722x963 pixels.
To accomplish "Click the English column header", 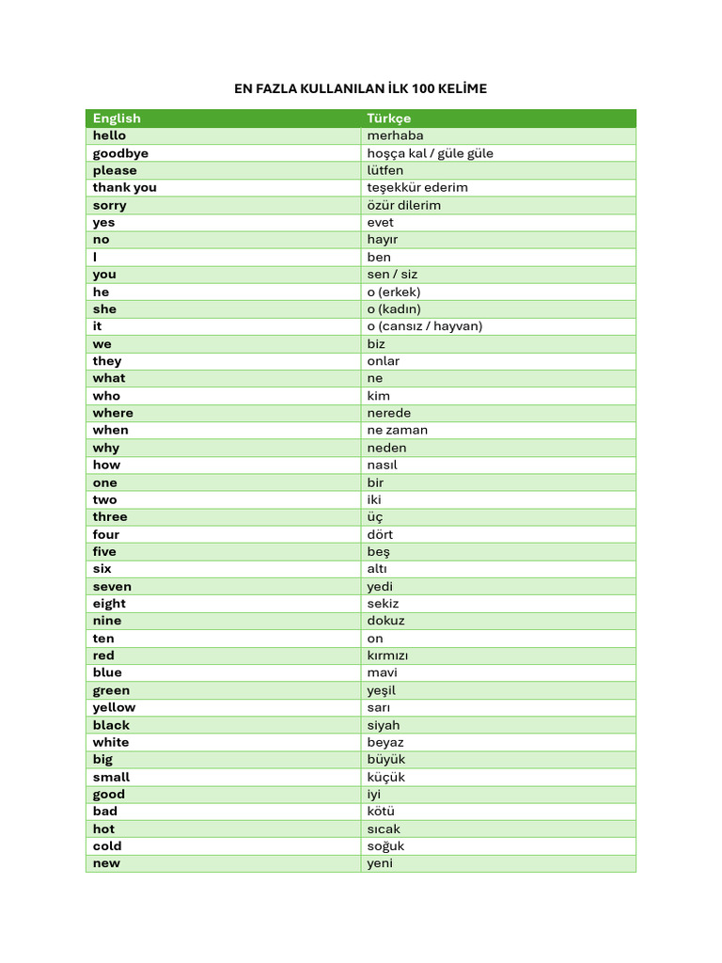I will click(117, 118).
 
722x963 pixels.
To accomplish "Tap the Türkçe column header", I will click(389, 118).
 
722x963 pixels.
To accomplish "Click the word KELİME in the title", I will click(460, 89).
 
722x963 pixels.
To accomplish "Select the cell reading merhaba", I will click(395, 135).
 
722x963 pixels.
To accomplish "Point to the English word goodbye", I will click(120, 153).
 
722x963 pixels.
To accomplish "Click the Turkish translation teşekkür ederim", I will click(417, 187).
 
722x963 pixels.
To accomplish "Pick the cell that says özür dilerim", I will click(404, 205).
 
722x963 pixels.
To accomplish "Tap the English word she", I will click(104, 308).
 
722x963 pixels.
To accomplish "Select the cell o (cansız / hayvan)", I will click(425, 326).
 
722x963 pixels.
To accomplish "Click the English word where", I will click(113, 413).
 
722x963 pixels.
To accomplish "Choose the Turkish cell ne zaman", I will click(398, 430).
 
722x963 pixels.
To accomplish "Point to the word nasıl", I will click(383, 465).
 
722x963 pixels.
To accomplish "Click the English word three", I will click(110, 516).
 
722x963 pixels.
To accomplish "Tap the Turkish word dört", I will click(381, 534).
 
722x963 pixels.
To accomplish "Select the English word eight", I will click(109, 604).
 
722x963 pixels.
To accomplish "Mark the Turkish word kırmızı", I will click(387, 655).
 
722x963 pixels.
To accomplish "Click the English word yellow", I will click(114, 707).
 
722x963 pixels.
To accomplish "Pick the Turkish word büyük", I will click(386, 759).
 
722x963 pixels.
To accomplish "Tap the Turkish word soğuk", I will click(385, 845).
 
